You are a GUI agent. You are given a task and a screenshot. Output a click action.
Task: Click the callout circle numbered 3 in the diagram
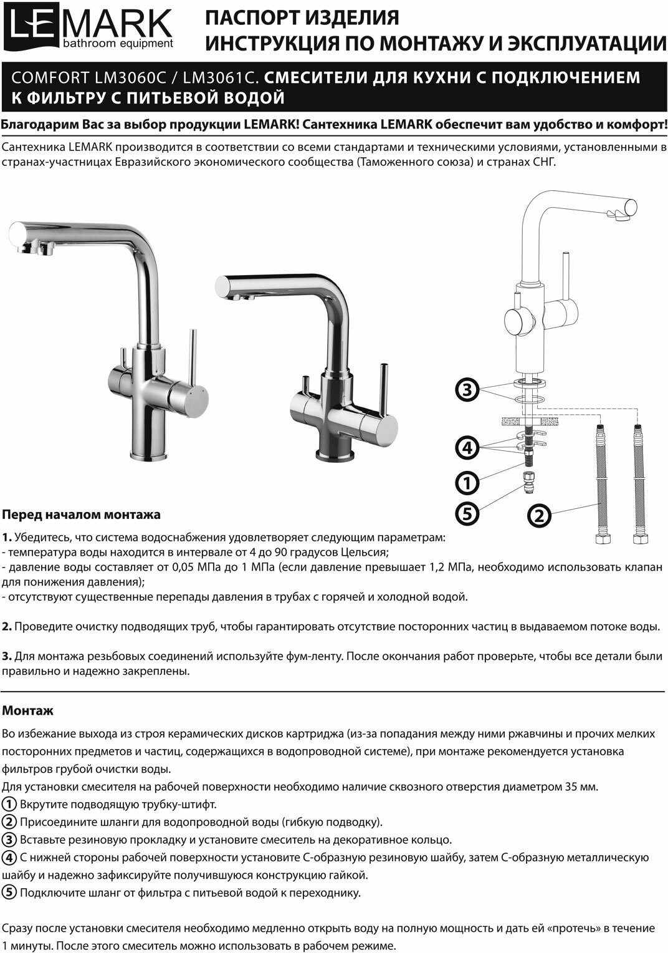pos(466,390)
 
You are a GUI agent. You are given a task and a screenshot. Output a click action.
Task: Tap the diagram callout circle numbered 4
pos(466,447)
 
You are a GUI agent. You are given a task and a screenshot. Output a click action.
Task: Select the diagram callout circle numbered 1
pos(467,482)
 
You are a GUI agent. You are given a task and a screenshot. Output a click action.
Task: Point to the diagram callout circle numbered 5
pos(467,513)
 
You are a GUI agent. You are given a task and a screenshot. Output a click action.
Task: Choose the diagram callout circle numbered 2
pos(540,515)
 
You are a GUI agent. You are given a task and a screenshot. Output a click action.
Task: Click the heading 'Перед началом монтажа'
pos(82,515)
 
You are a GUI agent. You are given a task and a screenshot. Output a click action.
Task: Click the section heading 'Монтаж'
pos(28,710)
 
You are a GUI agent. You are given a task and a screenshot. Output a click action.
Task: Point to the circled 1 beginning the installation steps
pos(9,804)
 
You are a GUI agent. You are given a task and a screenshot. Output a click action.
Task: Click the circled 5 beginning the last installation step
pos(9,892)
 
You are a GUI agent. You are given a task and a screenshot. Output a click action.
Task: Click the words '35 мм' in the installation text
pos(581,786)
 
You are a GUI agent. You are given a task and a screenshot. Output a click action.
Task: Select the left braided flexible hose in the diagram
pos(600,480)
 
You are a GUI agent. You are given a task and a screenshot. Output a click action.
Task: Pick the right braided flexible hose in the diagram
pos(638,480)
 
